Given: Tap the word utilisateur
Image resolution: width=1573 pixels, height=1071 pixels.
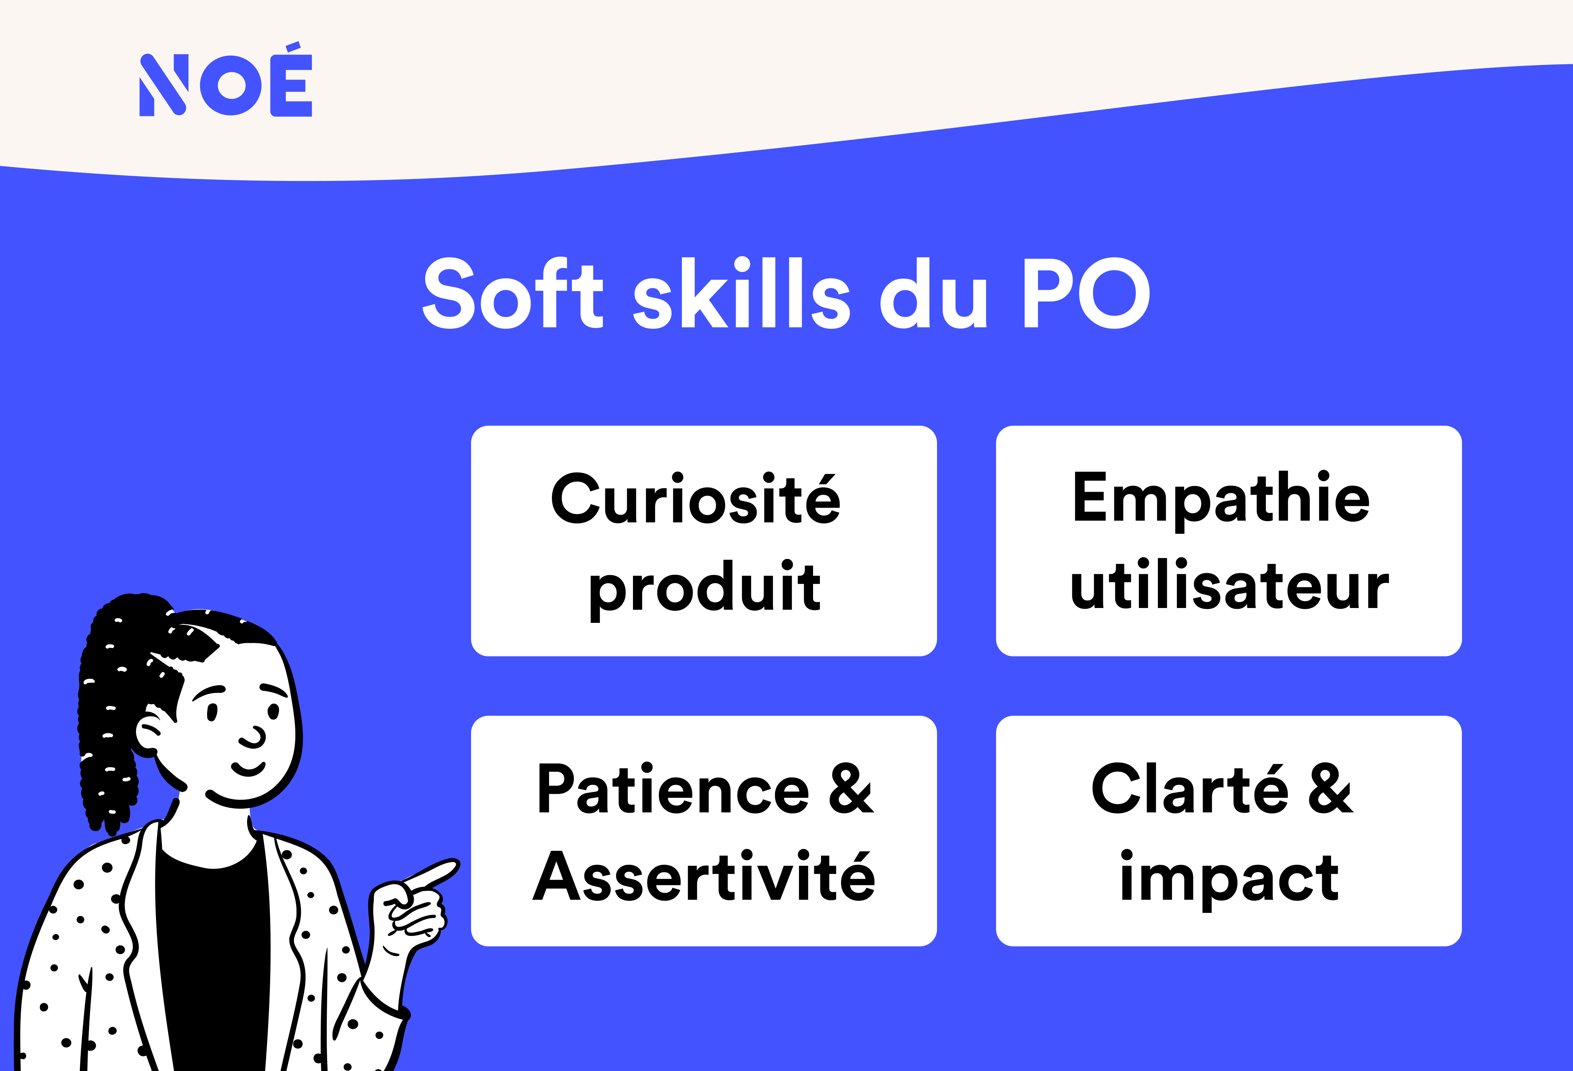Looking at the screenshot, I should (x=1229, y=586).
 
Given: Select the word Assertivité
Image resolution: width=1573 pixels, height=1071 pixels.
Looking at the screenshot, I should (x=704, y=877).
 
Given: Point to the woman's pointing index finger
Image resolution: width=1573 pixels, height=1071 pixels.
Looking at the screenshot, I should (x=433, y=873).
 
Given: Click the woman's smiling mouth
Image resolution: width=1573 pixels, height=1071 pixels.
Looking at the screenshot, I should (x=248, y=769).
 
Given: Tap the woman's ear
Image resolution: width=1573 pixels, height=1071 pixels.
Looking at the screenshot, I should (x=148, y=734).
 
